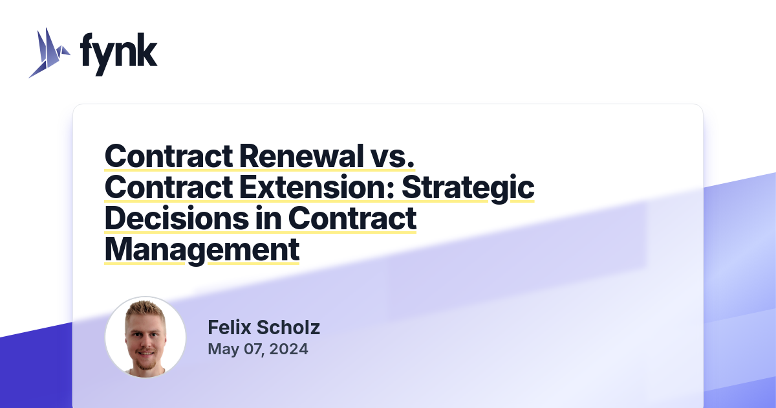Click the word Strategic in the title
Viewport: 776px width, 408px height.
coord(468,187)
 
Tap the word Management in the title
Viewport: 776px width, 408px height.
coord(202,250)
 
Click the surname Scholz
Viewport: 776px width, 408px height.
coord(288,328)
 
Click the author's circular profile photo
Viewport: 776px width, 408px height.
coord(145,337)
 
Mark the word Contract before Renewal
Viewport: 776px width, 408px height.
coord(169,155)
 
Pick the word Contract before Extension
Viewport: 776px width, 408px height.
coord(169,187)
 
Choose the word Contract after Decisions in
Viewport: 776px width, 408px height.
coord(352,218)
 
